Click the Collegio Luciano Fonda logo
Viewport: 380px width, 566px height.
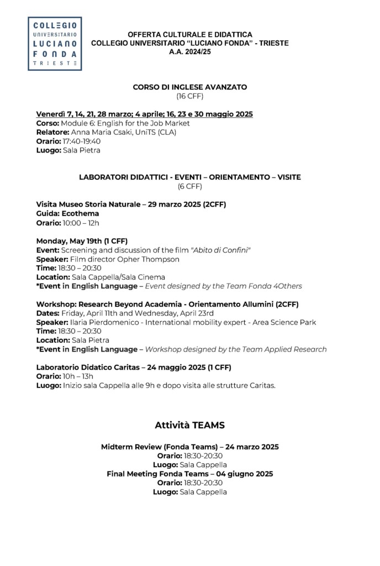(55, 44)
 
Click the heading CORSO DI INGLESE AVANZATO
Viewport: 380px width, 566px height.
(189, 87)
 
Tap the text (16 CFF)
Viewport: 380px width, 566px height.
(189, 96)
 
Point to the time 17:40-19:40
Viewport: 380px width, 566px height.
(81, 141)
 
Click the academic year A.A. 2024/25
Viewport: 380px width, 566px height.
(189, 51)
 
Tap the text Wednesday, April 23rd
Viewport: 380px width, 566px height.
(173, 313)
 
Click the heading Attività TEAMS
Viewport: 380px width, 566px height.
(189, 426)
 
